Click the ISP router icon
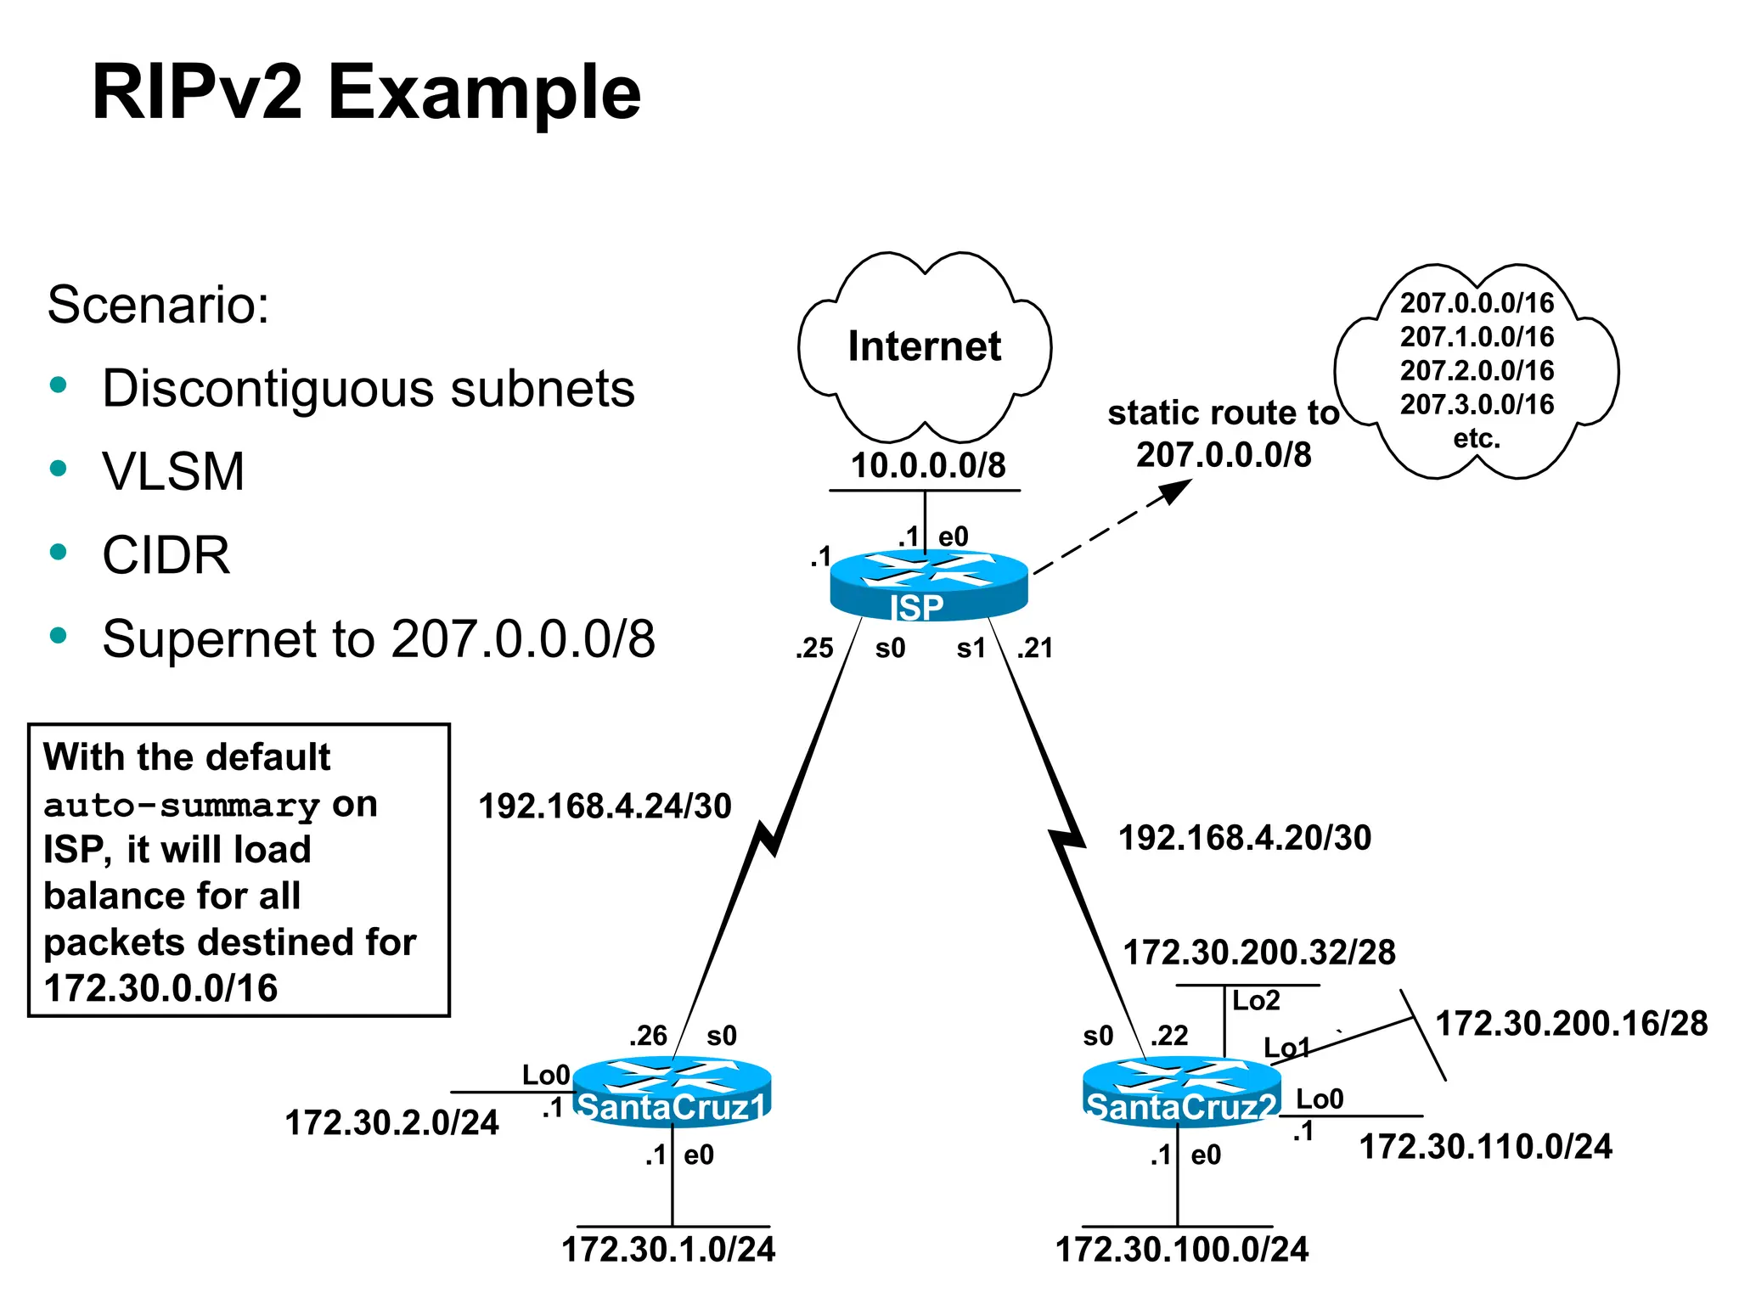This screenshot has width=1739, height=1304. pyautogui.click(x=928, y=585)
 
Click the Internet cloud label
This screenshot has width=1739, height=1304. pyautogui.click(x=924, y=346)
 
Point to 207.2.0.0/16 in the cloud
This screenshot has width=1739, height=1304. pyautogui.click(x=1477, y=371)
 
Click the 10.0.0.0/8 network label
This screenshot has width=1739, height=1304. pyautogui.click(x=927, y=465)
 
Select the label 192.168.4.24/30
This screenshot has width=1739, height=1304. pyautogui.click(x=605, y=806)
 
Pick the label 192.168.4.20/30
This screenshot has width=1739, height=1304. pyautogui.click(x=1244, y=838)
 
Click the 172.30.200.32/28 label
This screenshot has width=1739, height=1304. pyautogui.click(x=1258, y=953)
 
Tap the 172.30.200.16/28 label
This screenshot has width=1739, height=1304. pyautogui.click(x=1571, y=1023)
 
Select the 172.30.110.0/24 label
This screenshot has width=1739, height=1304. pyautogui.click(x=1485, y=1147)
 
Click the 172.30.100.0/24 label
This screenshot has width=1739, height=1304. pyautogui.click(x=1181, y=1250)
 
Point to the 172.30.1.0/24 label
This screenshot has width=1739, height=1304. pyautogui.click(x=668, y=1250)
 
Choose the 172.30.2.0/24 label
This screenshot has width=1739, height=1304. pyautogui.click(x=391, y=1123)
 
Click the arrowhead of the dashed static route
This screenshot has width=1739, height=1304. pyautogui.click(x=1178, y=489)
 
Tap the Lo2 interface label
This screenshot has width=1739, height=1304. pyautogui.click(x=1255, y=1001)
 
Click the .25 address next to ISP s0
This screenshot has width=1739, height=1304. pyautogui.click(x=814, y=649)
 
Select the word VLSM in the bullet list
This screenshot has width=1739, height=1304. pyautogui.click(x=173, y=471)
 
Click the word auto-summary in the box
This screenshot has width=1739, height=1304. pyautogui.click(x=181, y=805)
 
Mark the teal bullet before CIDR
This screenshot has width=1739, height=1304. pyautogui.click(x=59, y=553)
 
